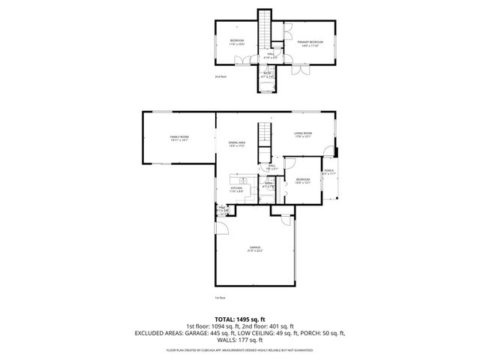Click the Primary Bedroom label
click(310, 43)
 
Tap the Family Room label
click(178, 138)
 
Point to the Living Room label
click(303, 134)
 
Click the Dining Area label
click(237, 143)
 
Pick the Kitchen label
click(237, 189)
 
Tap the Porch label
click(328, 173)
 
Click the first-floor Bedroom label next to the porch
click(303, 181)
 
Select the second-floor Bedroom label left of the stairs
click(237, 41)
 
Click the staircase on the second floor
click(265, 30)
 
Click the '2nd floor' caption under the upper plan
click(220, 76)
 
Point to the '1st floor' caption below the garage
click(220, 297)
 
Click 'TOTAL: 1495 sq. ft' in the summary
click(239, 318)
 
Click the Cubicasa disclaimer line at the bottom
click(239, 349)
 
